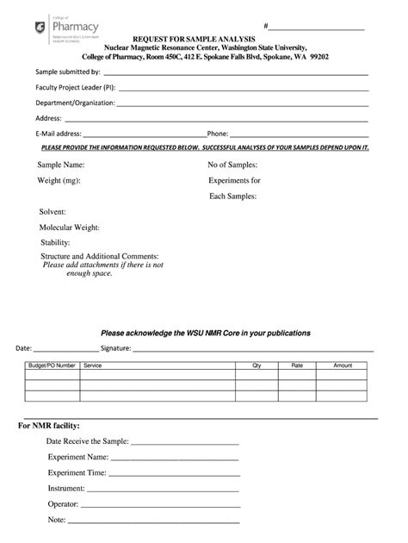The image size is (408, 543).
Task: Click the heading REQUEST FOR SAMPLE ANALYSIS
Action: (193, 40)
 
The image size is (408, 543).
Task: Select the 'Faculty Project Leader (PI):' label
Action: (76, 88)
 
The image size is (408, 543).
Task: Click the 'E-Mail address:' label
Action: (59, 134)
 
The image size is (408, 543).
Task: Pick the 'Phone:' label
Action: (217, 134)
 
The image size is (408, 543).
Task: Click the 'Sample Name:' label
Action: (61, 164)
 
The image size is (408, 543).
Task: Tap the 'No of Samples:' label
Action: (232, 164)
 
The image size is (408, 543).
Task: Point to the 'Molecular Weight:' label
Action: (70, 228)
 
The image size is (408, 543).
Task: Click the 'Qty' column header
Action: (257, 365)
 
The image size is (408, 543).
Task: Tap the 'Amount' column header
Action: (343, 365)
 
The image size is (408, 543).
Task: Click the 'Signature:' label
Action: (115, 349)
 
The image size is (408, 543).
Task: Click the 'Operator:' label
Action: (64, 503)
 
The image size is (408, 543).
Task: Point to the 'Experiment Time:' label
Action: (77, 472)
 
